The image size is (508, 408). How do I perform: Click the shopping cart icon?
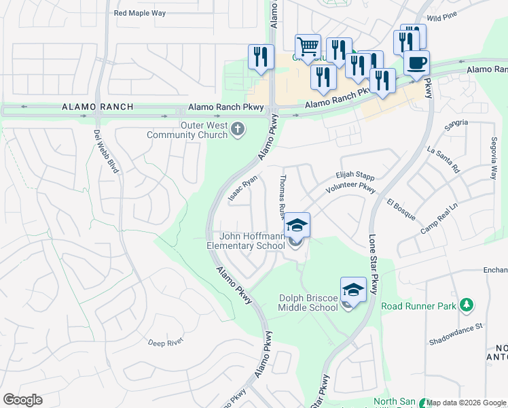pos(308,46)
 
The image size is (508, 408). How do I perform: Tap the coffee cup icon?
pos(416,63)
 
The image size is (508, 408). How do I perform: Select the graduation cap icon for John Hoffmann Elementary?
pos(297,225)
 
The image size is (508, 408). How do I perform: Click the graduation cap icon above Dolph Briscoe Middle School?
pos(353,289)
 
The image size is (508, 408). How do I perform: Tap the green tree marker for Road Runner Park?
pos(466,305)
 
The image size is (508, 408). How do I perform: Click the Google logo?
pos(22,399)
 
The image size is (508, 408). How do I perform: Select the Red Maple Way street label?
pos(140,13)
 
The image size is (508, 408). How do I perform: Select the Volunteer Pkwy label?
pos(350,188)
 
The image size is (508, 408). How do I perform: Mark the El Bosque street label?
pos(401,208)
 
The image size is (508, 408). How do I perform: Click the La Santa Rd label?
pos(444,159)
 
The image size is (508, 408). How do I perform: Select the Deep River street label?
pos(166,342)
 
